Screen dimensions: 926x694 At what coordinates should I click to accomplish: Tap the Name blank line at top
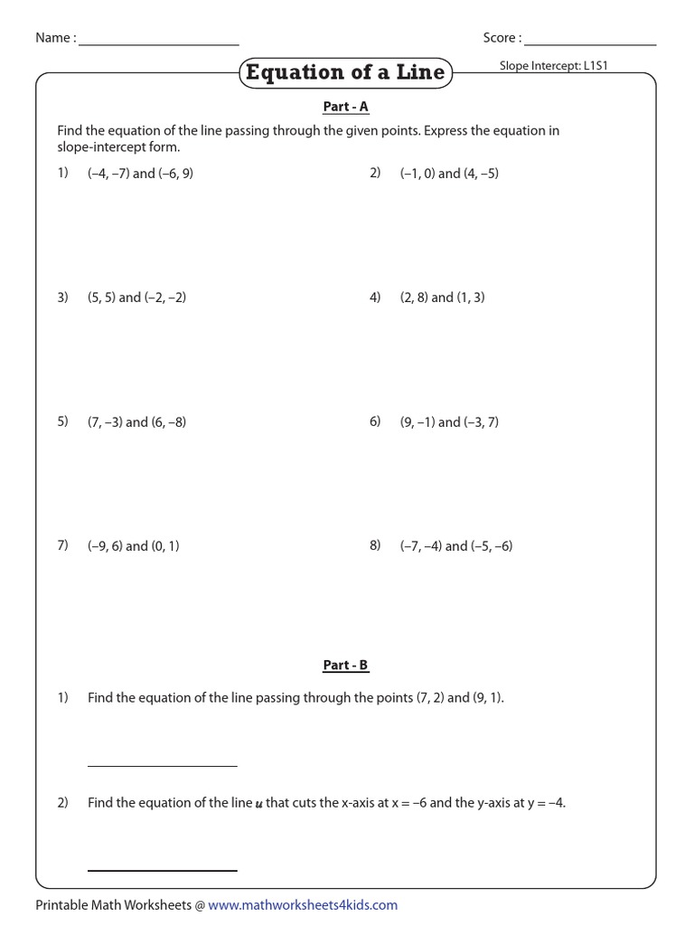pos(159,44)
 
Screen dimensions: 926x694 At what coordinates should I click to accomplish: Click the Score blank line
pos(590,44)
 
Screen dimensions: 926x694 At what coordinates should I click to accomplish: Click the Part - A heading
pos(346,107)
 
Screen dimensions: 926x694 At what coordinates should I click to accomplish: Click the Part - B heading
pos(346,666)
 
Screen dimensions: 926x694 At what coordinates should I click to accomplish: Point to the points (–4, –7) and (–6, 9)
pos(140,174)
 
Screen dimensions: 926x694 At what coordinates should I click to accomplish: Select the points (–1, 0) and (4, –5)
pos(449,174)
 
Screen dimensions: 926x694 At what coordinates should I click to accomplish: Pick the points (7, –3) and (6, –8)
pos(136,422)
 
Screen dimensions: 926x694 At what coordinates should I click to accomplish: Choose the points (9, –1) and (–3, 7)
pos(449,422)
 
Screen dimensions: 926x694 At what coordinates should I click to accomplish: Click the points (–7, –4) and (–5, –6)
pos(456,546)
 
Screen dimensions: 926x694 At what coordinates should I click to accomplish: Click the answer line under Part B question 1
pos(163,766)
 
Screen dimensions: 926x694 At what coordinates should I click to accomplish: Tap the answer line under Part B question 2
pos(163,870)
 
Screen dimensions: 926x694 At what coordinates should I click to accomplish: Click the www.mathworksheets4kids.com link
pos(303,905)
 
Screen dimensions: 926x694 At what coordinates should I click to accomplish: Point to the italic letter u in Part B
pos(258,804)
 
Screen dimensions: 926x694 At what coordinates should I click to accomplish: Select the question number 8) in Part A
pos(375,545)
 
